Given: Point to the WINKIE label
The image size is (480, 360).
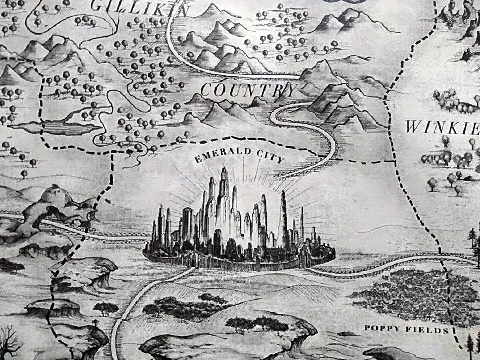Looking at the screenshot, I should (x=443, y=126).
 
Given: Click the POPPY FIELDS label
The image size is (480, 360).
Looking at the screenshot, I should (x=407, y=329).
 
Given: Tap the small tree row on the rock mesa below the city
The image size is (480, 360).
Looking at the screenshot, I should (x=257, y=323).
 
